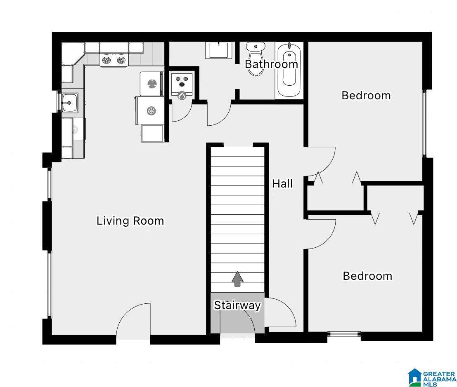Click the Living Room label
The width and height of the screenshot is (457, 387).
(130, 220)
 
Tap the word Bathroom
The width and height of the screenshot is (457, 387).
(271, 64)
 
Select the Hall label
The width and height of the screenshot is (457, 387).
(282, 183)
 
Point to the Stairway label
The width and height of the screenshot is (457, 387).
(237, 305)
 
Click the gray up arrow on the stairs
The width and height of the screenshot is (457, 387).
(237, 279)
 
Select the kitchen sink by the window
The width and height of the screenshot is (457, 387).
(70, 103)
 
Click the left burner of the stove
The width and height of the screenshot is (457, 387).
(107, 61)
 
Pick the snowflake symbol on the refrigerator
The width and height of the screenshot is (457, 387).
(151, 110)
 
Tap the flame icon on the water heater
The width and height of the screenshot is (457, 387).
(182, 96)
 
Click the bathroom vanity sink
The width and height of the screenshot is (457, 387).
(218, 50)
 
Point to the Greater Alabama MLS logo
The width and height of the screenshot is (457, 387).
(432, 378)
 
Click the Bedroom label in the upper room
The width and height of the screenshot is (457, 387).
(366, 96)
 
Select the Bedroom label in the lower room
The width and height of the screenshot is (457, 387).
(367, 276)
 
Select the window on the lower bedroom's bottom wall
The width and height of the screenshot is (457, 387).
(344, 334)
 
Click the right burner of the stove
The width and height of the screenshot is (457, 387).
(121, 61)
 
